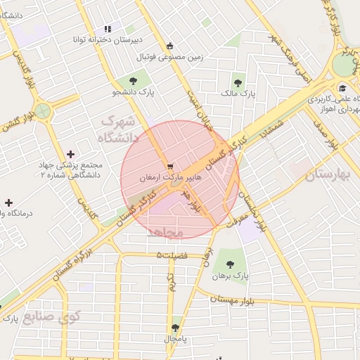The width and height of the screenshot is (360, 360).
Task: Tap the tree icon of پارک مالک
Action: click(239, 81)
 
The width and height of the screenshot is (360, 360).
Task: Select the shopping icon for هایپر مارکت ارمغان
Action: click(170, 167)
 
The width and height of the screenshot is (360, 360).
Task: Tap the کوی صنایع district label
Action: click(52, 316)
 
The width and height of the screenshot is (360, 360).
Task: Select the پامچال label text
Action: click(175, 339)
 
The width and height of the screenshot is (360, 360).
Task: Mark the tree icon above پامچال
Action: click(175, 328)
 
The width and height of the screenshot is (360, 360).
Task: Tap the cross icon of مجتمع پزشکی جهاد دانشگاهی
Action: click(70, 154)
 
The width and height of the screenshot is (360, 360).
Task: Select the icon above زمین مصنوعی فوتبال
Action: click(169, 47)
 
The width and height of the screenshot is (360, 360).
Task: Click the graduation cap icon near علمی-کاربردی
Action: click(342, 88)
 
